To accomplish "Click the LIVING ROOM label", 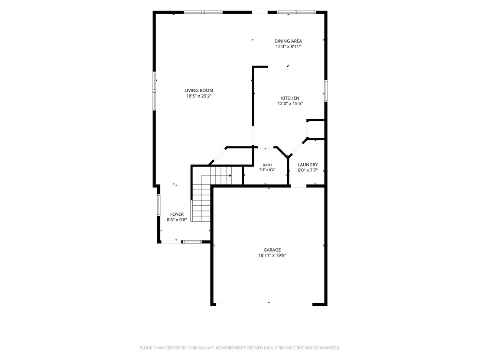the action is pyautogui.click(x=199, y=90).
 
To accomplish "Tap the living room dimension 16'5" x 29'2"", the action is pyautogui.click(x=199, y=96).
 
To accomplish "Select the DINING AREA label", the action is pyautogui.click(x=288, y=41).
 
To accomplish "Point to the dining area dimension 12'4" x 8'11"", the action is pyautogui.click(x=288, y=46).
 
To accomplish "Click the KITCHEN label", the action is pyautogui.click(x=290, y=98).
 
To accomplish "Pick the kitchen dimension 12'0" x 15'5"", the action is pyautogui.click(x=290, y=104).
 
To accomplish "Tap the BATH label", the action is pyautogui.click(x=267, y=165).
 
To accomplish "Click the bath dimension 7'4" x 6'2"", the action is pyautogui.click(x=267, y=169).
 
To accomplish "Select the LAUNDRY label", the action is pyautogui.click(x=308, y=165).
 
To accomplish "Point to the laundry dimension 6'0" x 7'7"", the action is pyautogui.click(x=308, y=170).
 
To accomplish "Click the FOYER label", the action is pyautogui.click(x=177, y=214).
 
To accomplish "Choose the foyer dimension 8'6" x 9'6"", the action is pyautogui.click(x=177, y=220).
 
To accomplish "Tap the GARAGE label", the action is pyautogui.click(x=272, y=250).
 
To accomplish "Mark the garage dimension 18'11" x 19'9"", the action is pyautogui.click(x=272, y=255).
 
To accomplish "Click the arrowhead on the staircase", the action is pyautogui.click(x=230, y=176).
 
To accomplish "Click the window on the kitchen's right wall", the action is pyautogui.click(x=326, y=91).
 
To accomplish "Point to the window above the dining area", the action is pyautogui.click(x=296, y=12).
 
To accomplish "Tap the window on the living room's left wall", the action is pyautogui.click(x=154, y=91).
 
